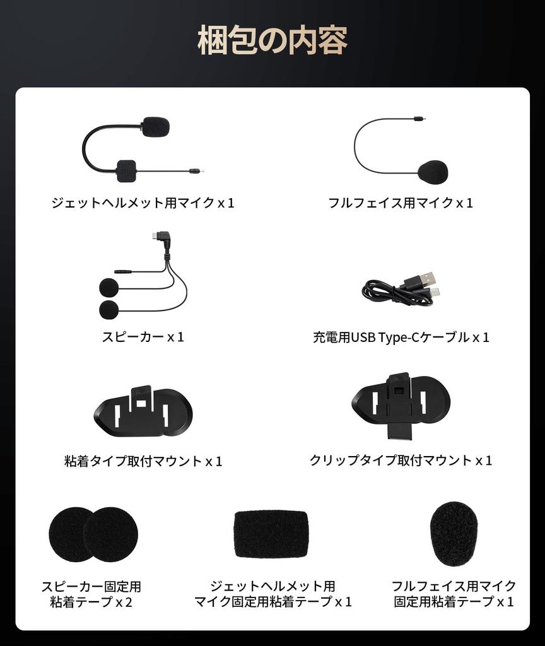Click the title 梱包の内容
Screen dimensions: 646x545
tap(272, 42)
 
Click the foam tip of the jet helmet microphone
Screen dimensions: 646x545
tap(156, 127)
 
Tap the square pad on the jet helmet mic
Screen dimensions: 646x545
tap(128, 169)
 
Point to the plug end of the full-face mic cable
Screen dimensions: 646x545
tap(419, 119)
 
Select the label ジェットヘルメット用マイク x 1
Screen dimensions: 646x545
tap(143, 203)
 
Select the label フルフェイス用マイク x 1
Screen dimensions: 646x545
tap(400, 203)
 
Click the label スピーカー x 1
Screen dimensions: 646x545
tap(143, 337)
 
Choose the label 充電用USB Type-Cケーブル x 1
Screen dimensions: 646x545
tap(401, 337)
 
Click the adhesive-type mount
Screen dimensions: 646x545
tap(142, 413)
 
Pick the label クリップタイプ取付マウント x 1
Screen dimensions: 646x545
tap(401, 461)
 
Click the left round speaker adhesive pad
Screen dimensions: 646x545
tap(70, 534)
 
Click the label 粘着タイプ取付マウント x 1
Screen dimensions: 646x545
tap(143, 461)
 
